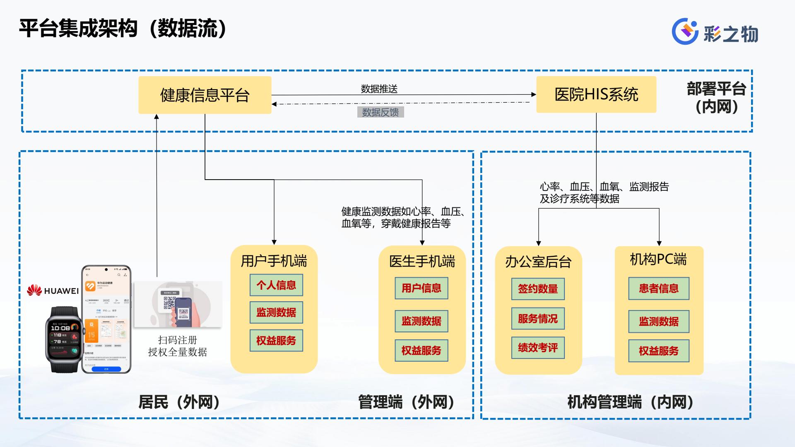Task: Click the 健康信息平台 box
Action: pyautogui.click(x=205, y=95)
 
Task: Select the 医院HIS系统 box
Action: pyautogui.click(x=596, y=94)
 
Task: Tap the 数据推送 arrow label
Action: pyautogui.click(x=379, y=89)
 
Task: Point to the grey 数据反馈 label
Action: pyautogui.click(x=380, y=112)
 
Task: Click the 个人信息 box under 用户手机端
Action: pyautogui.click(x=276, y=285)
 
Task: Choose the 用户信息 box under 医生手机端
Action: pyautogui.click(x=421, y=288)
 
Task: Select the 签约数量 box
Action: pyautogui.click(x=537, y=288)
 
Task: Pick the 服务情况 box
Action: pyautogui.click(x=537, y=318)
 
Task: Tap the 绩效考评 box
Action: pyautogui.click(x=537, y=348)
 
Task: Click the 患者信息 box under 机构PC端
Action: pyautogui.click(x=658, y=288)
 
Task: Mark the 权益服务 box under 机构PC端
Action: pyautogui.click(x=658, y=351)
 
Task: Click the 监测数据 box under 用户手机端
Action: pyautogui.click(x=276, y=312)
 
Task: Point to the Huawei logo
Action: pyautogui.click(x=53, y=291)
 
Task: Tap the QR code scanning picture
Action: pyautogui.click(x=178, y=305)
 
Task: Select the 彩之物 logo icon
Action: pyautogui.click(x=685, y=31)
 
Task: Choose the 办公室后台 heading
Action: pyautogui.click(x=538, y=262)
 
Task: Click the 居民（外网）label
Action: pyautogui.click(x=179, y=402)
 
